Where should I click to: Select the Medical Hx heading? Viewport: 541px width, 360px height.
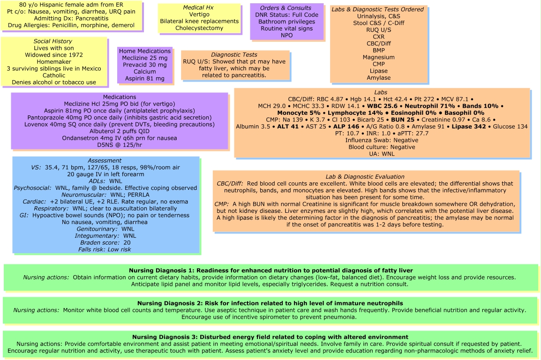[x=193, y=8]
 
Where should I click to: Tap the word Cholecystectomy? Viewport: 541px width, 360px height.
[x=193, y=28]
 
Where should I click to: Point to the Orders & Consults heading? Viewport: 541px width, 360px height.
[x=286, y=8]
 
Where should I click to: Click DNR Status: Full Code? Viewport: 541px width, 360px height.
[x=286, y=15]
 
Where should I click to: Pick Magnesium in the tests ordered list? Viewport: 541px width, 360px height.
[x=378, y=57]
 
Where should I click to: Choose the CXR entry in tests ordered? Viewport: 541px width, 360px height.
[x=378, y=36]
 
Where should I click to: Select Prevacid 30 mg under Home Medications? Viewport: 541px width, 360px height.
[x=145, y=65]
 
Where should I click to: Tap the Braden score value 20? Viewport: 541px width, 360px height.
[x=127, y=243]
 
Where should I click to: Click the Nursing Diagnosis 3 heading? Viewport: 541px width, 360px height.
[x=270, y=337]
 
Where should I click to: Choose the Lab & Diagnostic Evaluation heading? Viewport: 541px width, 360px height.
[x=365, y=177]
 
